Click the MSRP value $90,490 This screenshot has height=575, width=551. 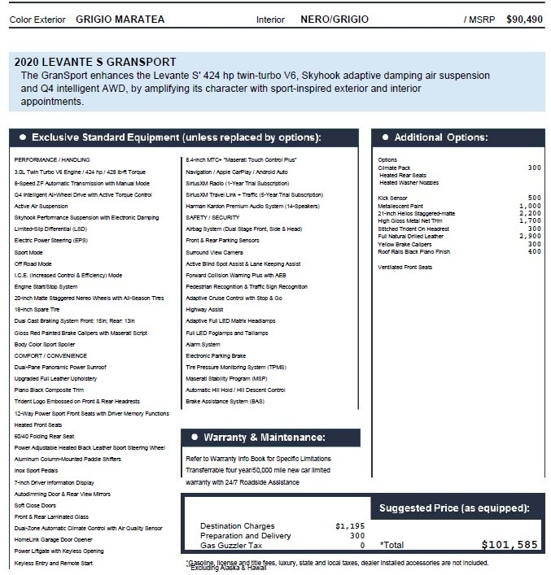pyautogui.click(x=525, y=19)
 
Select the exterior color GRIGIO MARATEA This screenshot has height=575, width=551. pyautogui.click(x=120, y=19)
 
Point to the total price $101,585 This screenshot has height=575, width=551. pyautogui.click(x=509, y=545)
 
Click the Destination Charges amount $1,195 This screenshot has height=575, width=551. pyautogui.click(x=351, y=525)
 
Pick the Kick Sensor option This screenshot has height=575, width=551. pyautogui.click(x=393, y=198)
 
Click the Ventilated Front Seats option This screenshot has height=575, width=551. pyautogui.click(x=405, y=267)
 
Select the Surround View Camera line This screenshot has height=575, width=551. pyautogui.click(x=214, y=252)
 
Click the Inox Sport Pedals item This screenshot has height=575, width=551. pyautogui.click(x=37, y=471)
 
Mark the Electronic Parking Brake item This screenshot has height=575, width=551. pyautogui.click(x=216, y=355)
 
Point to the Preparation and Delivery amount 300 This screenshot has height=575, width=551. pyautogui.click(x=357, y=535)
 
